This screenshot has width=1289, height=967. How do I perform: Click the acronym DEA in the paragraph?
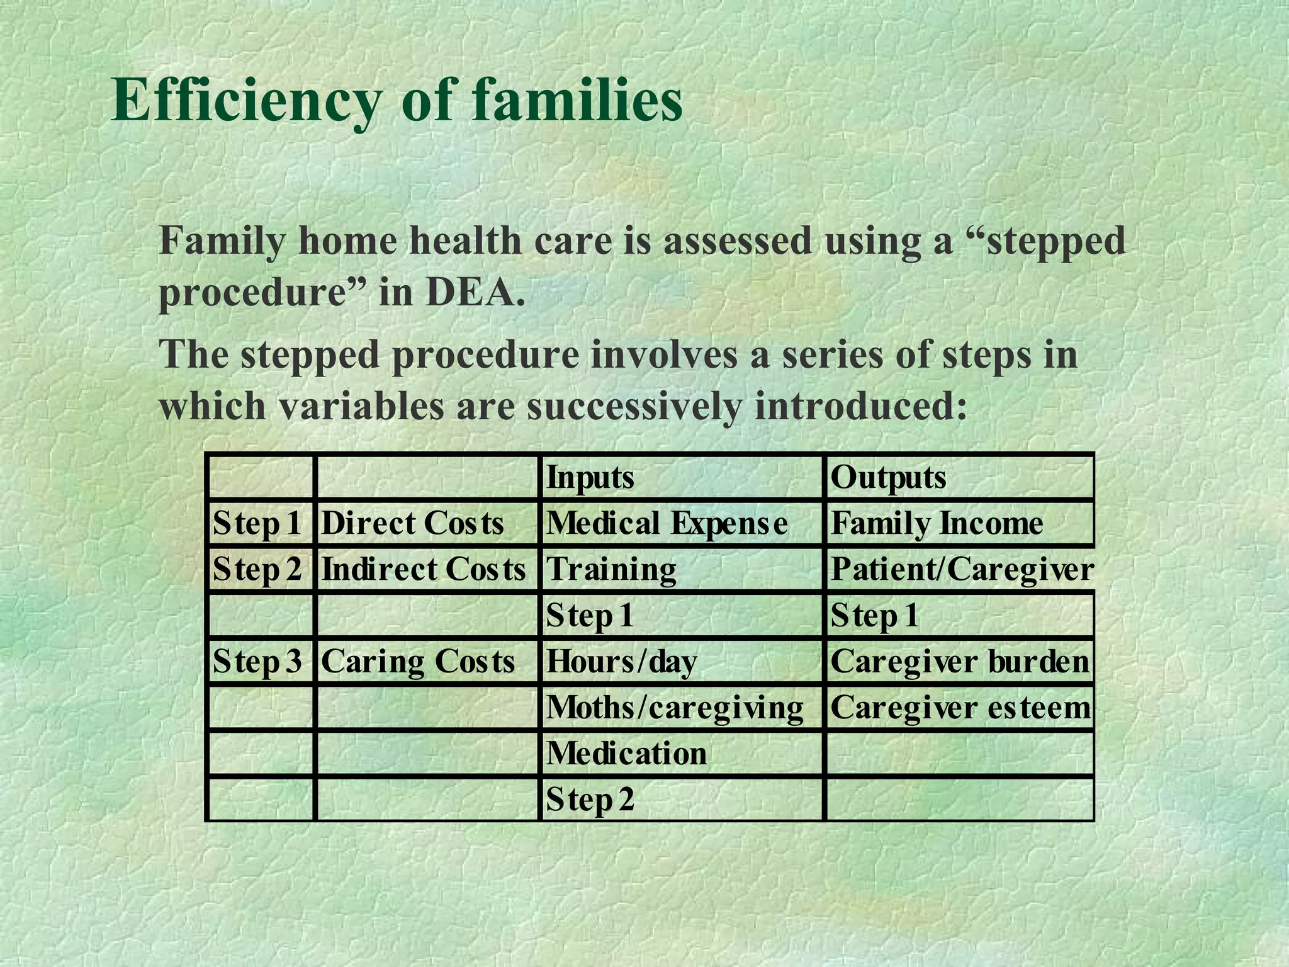475,293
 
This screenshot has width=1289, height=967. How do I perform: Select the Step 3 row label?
257,662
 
